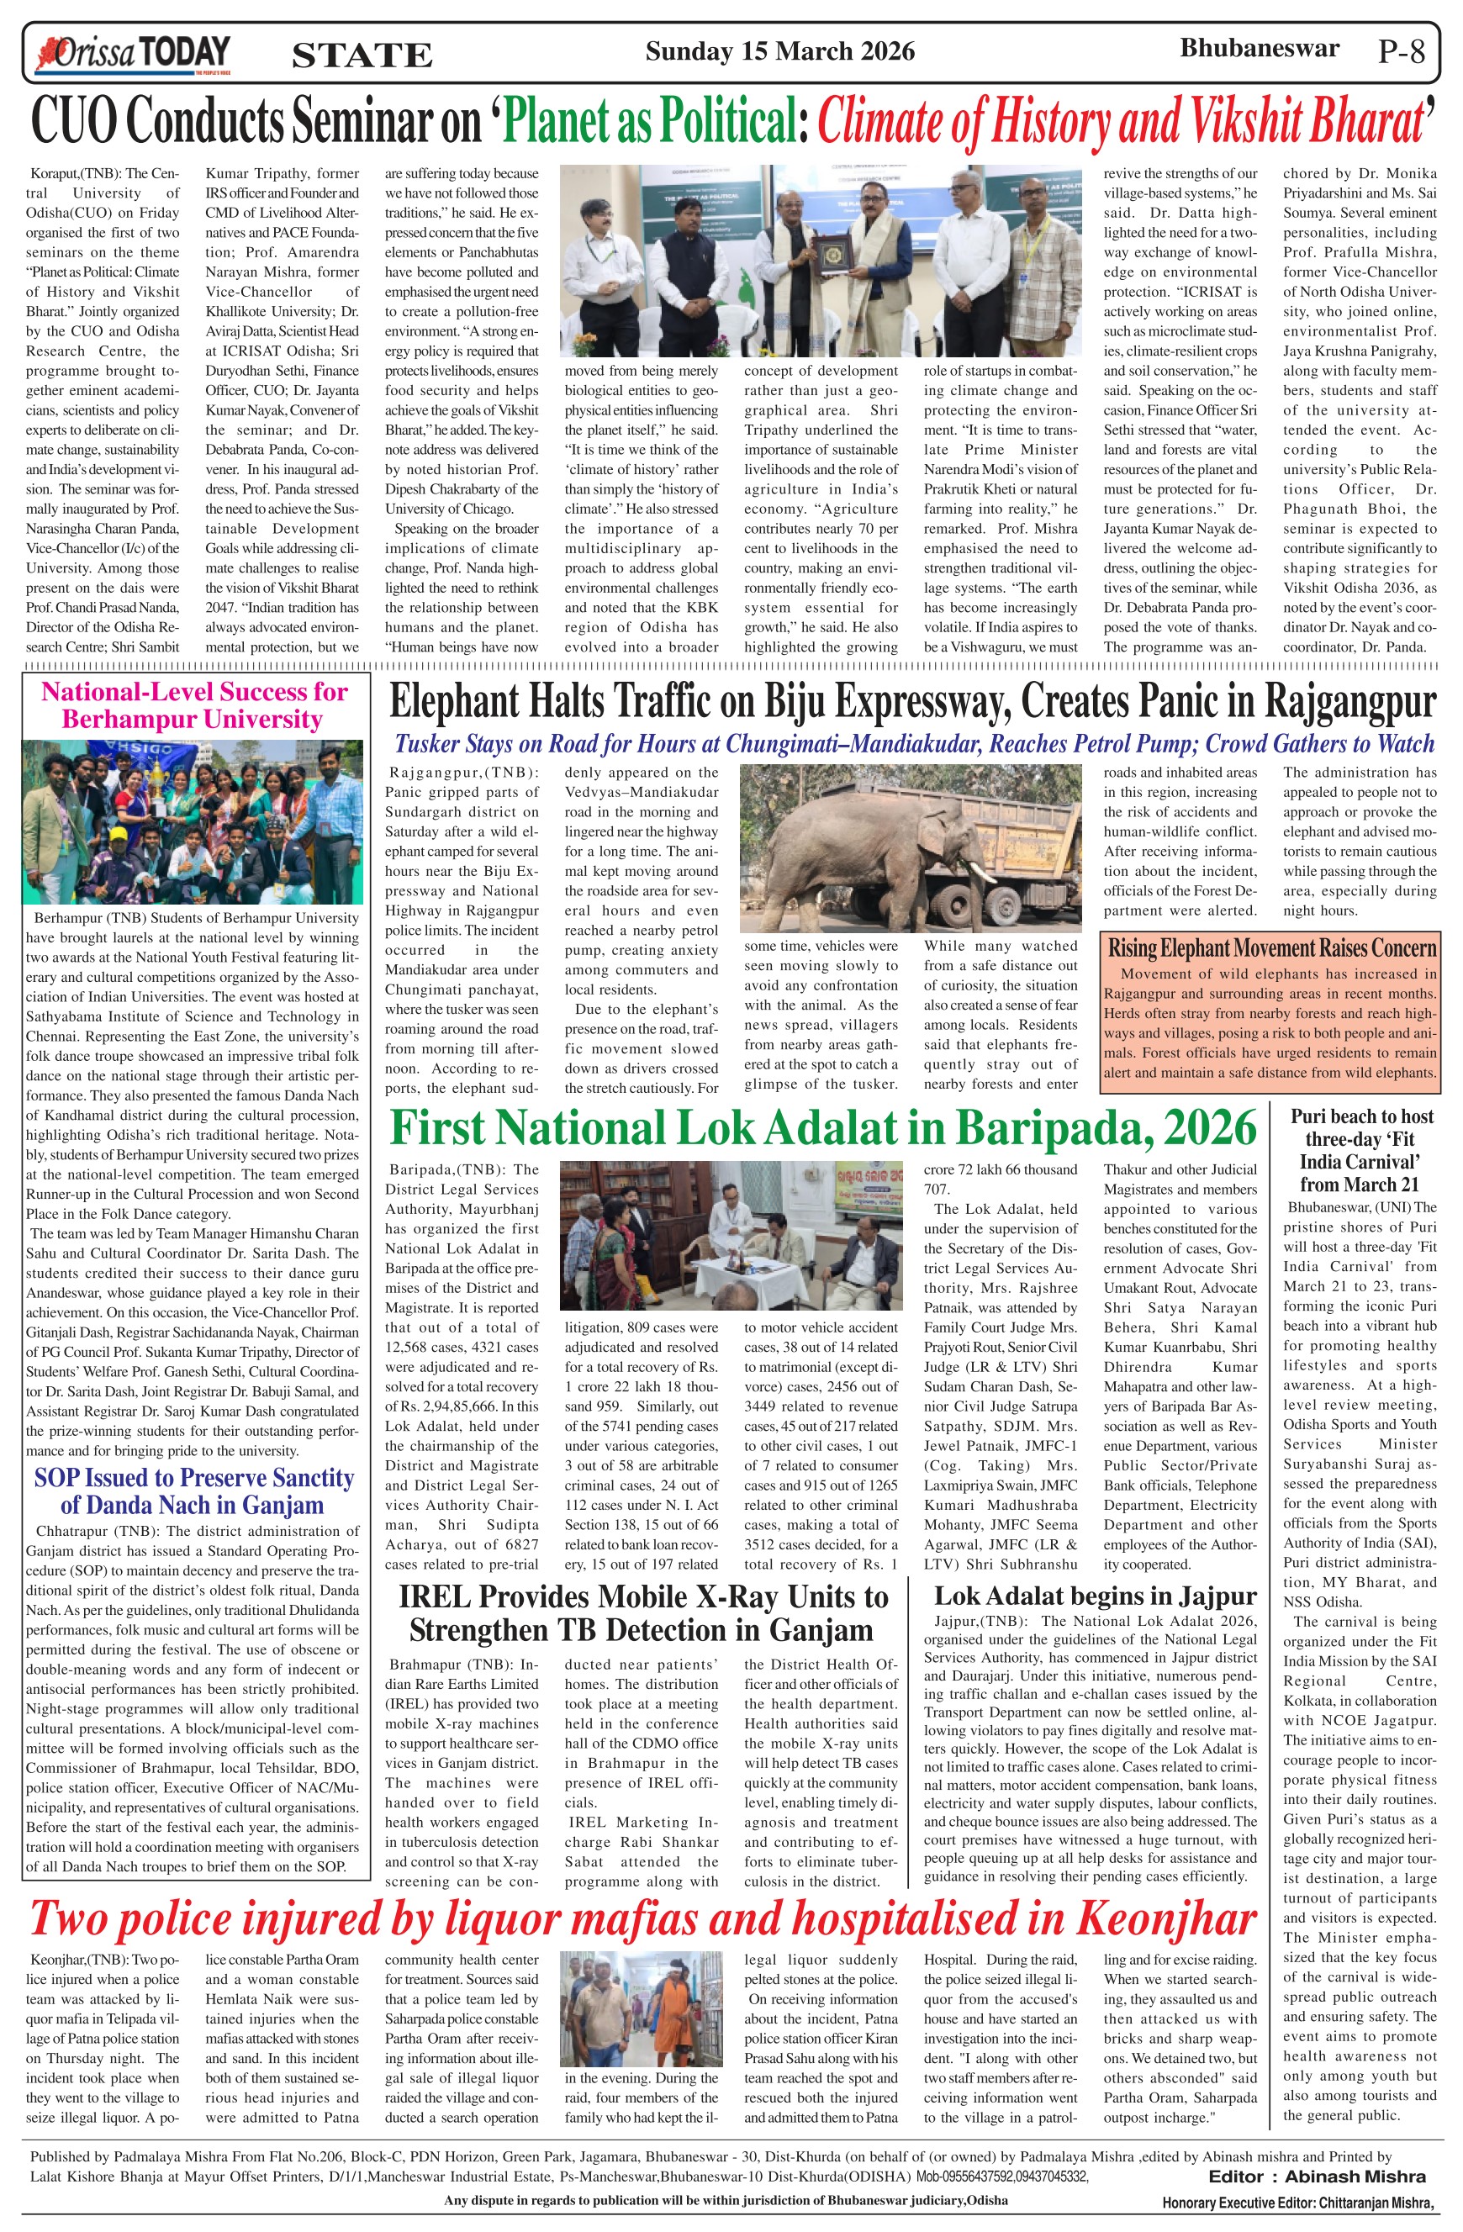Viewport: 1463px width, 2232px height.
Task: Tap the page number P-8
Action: (1401, 51)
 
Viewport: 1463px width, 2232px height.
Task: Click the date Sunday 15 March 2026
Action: (779, 50)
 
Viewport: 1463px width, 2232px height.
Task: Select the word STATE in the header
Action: (362, 56)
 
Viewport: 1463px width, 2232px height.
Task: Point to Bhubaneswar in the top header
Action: (1259, 48)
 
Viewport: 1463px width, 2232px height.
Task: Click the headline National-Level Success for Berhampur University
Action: (194, 705)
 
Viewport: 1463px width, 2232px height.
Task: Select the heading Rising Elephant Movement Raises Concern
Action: (1271, 947)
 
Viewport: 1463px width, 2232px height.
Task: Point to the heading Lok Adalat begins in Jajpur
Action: (1095, 1596)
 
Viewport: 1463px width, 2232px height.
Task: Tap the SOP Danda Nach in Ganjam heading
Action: (194, 1491)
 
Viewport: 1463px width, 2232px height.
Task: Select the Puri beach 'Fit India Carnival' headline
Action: (1360, 1150)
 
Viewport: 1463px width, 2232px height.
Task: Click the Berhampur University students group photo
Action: (193, 821)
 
